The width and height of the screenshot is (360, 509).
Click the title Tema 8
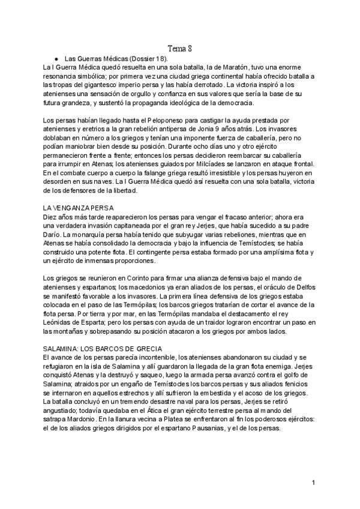point(179,49)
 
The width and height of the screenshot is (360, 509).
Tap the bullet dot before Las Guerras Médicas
point(56,59)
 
